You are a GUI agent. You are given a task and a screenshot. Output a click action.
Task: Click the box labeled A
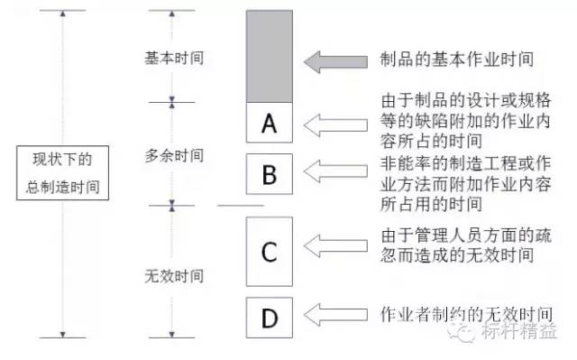[269, 123]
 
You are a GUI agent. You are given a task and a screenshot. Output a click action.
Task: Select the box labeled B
[269, 175]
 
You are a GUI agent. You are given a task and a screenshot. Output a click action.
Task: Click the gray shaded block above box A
[269, 56]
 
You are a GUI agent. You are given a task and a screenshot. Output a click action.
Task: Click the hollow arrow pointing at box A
[339, 123]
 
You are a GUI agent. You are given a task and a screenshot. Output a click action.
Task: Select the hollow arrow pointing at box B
[339, 169]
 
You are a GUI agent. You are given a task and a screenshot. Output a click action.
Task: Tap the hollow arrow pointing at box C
[339, 245]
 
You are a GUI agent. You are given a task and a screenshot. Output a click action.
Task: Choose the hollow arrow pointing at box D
[339, 313]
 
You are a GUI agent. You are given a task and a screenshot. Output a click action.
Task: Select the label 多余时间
[174, 155]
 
